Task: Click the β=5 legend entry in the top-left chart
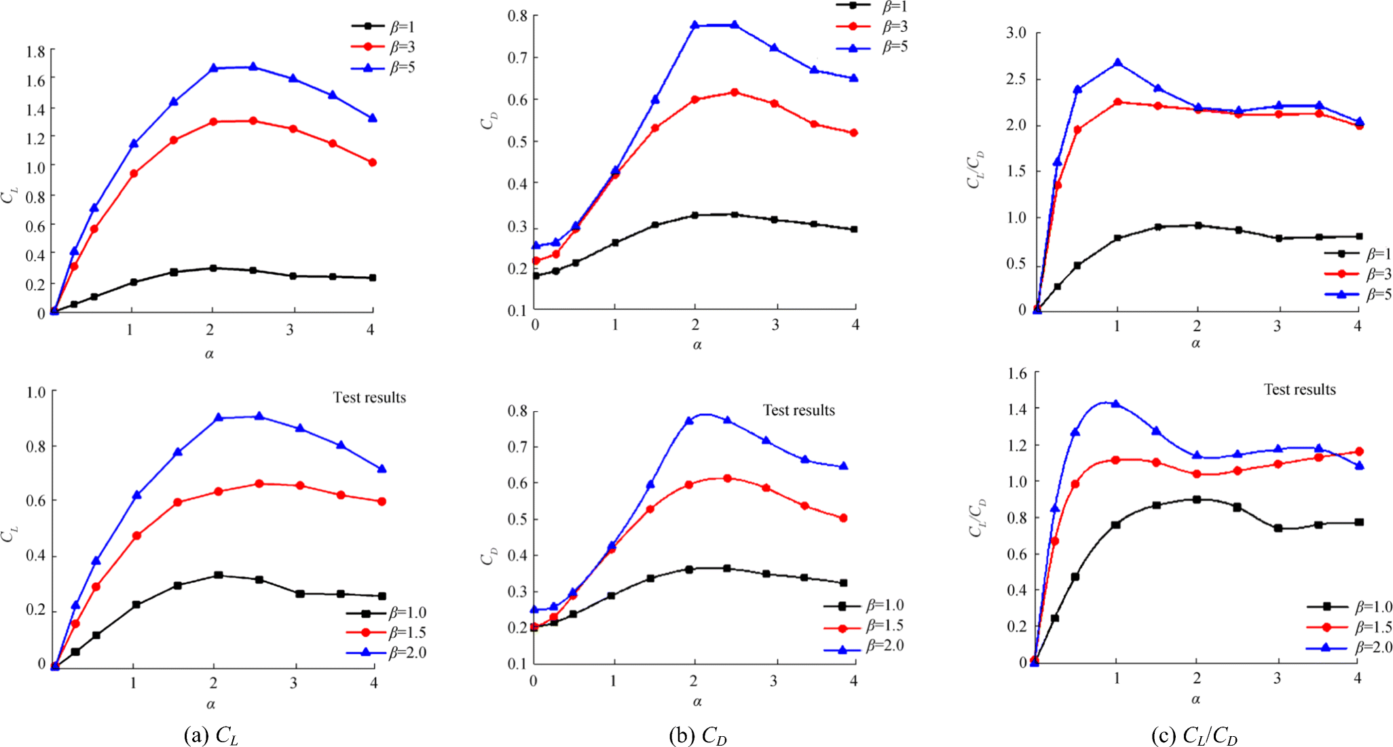pyautogui.click(x=384, y=68)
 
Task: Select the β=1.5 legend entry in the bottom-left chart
pyautogui.click(x=387, y=633)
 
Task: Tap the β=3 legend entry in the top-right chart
pyautogui.click(x=1358, y=274)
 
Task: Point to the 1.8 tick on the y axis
pyautogui.click(x=36, y=51)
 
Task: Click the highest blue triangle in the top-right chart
pyautogui.click(x=1117, y=63)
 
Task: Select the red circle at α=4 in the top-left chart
pyautogui.click(x=372, y=163)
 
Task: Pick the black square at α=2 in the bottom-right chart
pyautogui.click(x=1197, y=499)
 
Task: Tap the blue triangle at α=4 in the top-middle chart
pyautogui.click(x=854, y=78)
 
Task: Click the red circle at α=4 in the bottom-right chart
pyautogui.click(x=1359, y=451)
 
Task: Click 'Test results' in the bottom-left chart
pyautogui.click(x=369, y=398)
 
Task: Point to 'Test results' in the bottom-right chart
pyautogui.click(x=1299, y=389)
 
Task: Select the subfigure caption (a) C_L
pyautogui.click(x=210, y=735)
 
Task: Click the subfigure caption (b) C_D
pyautogui.click(x=697, y=735)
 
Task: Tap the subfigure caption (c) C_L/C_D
pyautogui.click(x=1194, y=735)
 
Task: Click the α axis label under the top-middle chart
pyautogui.click(x=697, y=345)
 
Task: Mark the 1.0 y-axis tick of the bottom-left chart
pyautogui.click(x=36, y=392)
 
